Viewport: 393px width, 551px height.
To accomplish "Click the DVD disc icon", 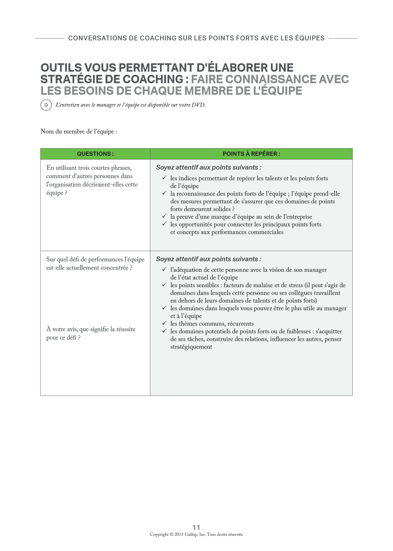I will (46, 105).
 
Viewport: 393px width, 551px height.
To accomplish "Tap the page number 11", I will (196, 527).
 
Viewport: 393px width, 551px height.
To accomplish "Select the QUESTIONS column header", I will (95, 154).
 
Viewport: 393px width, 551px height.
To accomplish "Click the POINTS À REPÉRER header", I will (251, 154).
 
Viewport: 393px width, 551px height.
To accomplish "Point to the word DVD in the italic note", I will (198, 105).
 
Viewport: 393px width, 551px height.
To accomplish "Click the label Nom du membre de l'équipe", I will (79, 131).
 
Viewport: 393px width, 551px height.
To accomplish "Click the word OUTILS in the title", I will (61, 68).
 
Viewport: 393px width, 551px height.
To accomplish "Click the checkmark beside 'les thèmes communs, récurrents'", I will (164, 323).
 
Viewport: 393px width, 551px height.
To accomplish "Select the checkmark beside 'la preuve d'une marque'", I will (164, 216).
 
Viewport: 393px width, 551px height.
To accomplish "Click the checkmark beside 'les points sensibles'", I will (164, 285).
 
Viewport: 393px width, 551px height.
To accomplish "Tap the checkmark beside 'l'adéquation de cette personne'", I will (164, 269).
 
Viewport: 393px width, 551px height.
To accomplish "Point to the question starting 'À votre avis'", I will (91, 333).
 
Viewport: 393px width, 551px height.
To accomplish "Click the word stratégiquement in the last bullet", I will (191, 347).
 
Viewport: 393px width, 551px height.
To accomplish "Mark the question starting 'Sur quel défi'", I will (95, 263).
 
